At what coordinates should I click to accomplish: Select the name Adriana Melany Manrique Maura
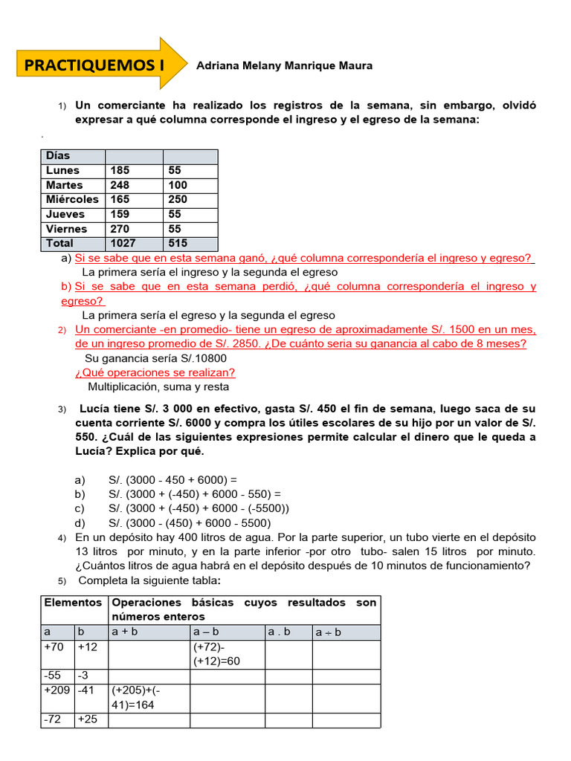pos(284,65)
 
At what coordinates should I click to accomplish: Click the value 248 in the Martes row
pos(119,185)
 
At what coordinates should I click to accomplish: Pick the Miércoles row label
pos(71,199)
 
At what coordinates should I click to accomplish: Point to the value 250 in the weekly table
pos(178,199)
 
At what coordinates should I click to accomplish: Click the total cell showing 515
pos(178,243)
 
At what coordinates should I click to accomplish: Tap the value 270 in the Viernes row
pos(119,229)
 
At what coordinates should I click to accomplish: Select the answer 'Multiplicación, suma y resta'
pos(158,386)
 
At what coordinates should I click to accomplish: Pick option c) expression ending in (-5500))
pos(199,508)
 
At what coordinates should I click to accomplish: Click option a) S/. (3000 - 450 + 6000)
pos(172,479)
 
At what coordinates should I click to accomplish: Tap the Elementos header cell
pos(72,603)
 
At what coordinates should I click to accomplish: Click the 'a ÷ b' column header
pos(328,632)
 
